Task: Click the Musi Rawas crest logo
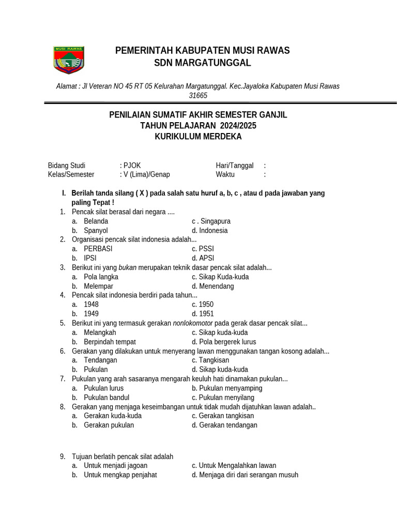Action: coord(69,60)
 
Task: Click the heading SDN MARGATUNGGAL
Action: coord(202,63)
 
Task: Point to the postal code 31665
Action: coord(198,96)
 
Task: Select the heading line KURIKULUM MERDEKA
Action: coord(198,137)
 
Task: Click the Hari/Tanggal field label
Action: coord(235,166)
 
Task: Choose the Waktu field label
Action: coord(225,174)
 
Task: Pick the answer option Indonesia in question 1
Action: coord(213,230)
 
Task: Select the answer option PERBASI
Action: coord(98,248)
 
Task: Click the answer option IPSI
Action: coord(90,258)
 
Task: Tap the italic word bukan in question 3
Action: coord(127,267)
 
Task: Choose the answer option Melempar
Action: coord(98,286)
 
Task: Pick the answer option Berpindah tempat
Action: coord(110,342)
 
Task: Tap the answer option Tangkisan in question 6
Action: coord(213,360)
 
